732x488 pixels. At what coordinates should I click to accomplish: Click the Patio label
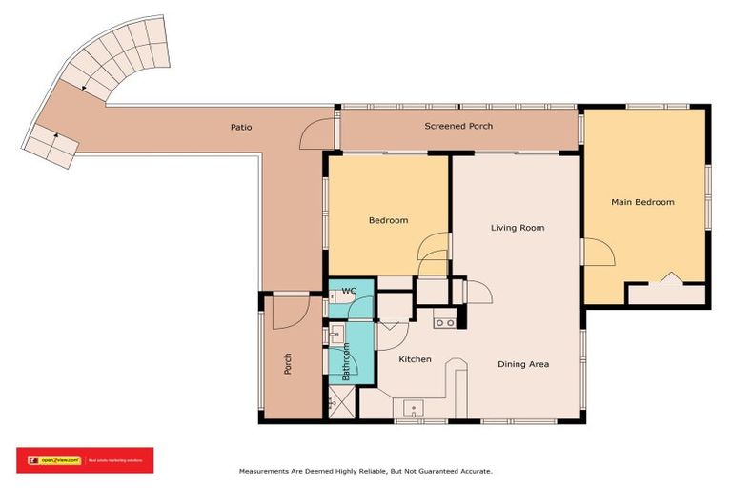coord(241,126)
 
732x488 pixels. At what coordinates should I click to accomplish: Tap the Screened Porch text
coord(458,126)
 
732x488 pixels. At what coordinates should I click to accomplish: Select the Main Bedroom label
coord(642,202)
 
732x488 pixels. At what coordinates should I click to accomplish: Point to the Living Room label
coord(518,228)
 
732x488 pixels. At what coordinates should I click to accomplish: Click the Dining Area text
coord(523,364)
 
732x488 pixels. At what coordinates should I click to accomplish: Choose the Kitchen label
coord(415,359)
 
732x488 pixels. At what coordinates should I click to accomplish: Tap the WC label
coord(349,290)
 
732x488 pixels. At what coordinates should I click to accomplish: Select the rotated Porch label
coord(288,363)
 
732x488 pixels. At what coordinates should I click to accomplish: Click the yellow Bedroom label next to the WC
coord(388,220)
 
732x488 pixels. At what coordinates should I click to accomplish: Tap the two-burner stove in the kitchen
coord(444,323)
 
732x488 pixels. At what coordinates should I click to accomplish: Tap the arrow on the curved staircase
coord(84,87)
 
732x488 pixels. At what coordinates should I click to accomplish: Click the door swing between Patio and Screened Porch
coord(320,137)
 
